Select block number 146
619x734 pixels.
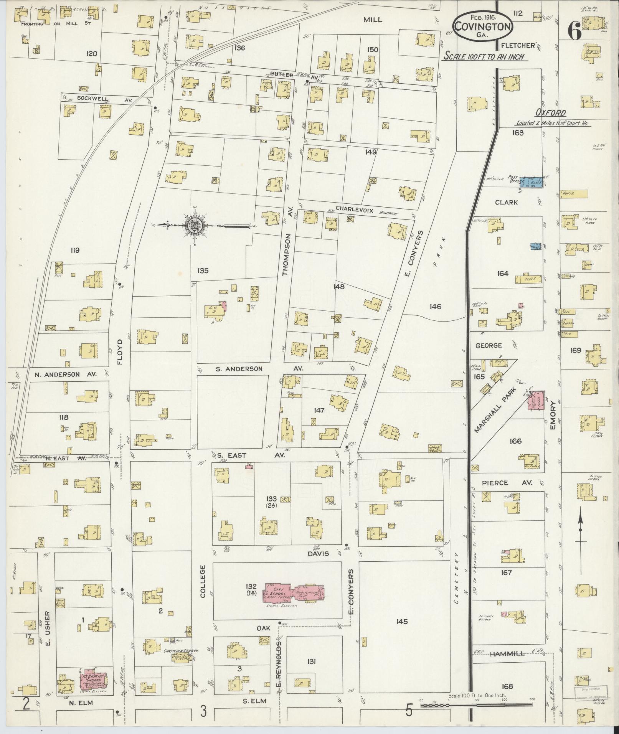436,307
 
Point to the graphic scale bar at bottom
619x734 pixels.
476,706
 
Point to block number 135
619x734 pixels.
203,271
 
